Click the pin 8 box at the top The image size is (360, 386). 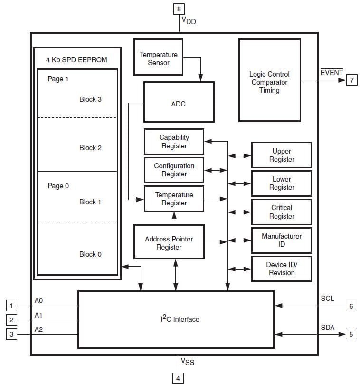(x=180, y=9)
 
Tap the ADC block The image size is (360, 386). (x=179, y=102)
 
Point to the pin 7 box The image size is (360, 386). (x=351, y=80)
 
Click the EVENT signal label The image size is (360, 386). (x=332, y=72)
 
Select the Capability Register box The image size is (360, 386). (x=174, y=142)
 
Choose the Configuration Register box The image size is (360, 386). (x=174, y=170)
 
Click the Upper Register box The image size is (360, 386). (x=281, y=155)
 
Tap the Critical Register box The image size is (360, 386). (x=281, y=212)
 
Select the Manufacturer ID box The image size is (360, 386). (x=281, y=240)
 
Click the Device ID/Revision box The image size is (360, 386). (x=281, y=269)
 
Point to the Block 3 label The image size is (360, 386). (x=90, y=99)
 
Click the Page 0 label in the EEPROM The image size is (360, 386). (x=58, y=186)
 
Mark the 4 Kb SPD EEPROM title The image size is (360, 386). (x=76, y=60)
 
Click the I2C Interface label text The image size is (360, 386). (x=180, y=319)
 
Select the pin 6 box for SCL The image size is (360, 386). (x=351, y=306)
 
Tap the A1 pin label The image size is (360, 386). (x=39, y=315)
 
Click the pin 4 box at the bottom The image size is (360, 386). (x=179, y=378)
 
